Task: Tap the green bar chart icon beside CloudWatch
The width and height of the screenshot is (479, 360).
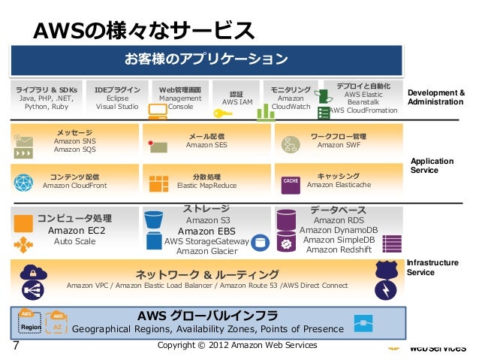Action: click(x=264, y=111)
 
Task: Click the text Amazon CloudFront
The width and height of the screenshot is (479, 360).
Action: click(x=75, y=185)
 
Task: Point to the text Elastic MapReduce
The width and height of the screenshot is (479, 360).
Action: click(x=206, y=185)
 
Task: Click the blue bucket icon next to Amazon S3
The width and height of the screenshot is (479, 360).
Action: click(x=154, y=222)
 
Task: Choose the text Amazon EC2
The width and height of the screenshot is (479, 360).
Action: click(x=77, y=231)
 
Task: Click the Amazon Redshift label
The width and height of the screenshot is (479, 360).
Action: click(x=339, y=250)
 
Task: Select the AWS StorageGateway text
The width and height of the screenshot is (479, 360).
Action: click(x=206, y=241)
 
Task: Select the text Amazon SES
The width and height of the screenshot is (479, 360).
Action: click(x=206, y=144)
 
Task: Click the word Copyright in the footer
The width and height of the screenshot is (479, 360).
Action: click(x=179, y=345)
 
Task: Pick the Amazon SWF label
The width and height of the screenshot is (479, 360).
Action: click(x=339, y=144)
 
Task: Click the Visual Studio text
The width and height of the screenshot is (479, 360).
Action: click(x=117, y=107)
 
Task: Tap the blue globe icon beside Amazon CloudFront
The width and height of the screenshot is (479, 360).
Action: click(x=24, y=181)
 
